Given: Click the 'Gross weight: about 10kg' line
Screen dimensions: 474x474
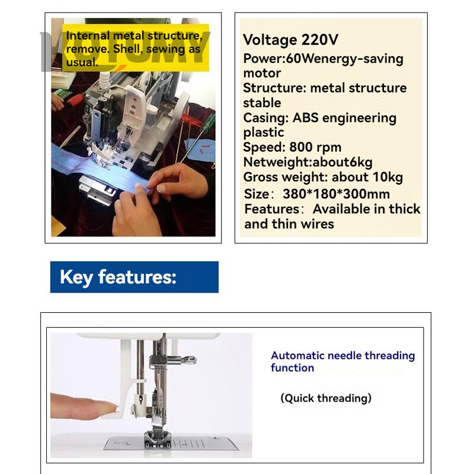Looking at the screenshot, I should click(x=323, y=177).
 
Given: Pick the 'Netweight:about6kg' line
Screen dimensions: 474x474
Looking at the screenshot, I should click(x=308, y=162).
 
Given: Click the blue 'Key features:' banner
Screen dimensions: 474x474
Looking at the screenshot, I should click(x=134, y=277).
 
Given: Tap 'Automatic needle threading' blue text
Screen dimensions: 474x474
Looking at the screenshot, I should click(x=342, y=355).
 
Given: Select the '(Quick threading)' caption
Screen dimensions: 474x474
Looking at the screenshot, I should click(x=326, y=398).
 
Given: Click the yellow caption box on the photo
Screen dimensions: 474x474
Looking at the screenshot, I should click(x=135, y=47).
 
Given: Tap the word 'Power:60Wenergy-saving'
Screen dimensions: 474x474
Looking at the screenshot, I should click(x=323, y=59).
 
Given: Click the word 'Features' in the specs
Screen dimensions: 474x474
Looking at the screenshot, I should click(x=272, y=209).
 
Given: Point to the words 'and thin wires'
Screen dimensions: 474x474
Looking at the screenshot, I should click(x=289, y=224).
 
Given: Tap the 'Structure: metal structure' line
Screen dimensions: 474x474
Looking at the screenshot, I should click(x=325, y=88).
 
